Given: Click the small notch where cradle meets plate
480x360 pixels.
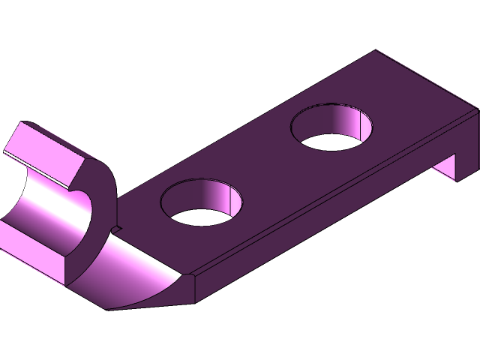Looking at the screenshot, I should coord(117,226).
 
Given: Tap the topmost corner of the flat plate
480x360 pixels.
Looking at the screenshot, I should coord(375,52).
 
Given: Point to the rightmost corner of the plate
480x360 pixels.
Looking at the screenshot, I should coord(477,112).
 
